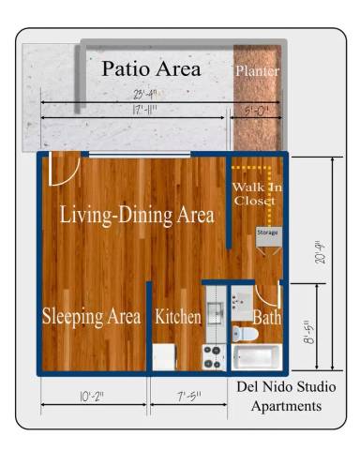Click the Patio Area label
tap(151, 68)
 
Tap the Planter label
tap(257, 71)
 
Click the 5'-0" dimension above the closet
tap(256, 110)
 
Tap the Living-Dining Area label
tap(136, 215)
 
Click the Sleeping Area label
tap(91, 317)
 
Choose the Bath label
tap(267, 319)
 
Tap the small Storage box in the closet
tap(268, 236)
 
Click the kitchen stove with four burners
tap(213, 356)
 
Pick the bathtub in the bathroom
tap(256, 358)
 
